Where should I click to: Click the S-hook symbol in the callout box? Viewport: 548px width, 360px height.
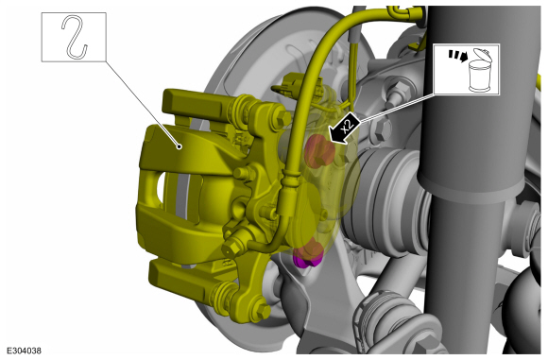(74, 37)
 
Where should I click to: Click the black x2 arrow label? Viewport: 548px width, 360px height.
(344, 129)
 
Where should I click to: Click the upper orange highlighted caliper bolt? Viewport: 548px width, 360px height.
(318, 151)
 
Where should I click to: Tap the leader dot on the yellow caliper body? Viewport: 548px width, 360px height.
(180, 146)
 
